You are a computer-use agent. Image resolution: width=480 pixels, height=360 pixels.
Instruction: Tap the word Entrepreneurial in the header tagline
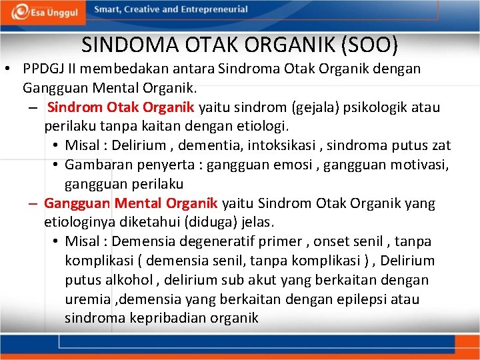point(212,9)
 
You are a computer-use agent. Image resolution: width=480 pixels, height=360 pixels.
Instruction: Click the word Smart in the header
point(108,9)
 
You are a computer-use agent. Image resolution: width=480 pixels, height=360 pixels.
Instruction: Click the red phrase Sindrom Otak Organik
point(121,107)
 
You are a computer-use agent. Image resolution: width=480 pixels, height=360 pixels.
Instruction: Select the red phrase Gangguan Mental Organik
point(131,203)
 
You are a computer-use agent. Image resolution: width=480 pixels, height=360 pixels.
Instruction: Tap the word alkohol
point(127,279)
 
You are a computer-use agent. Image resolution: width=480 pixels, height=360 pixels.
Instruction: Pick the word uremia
point(87,299)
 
